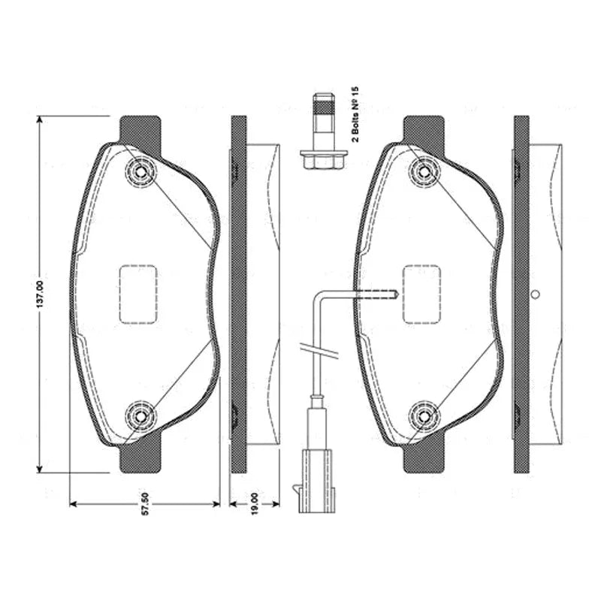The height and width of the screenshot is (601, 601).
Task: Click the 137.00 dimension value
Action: [x=42, y=294]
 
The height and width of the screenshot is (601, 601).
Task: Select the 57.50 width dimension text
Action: [x=145, y=504]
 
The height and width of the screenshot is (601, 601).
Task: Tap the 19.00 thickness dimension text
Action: [x=255, y=504]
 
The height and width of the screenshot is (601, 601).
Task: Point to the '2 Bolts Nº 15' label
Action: [x=355, y=114]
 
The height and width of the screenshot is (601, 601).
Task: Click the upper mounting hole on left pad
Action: [x=140, y=171]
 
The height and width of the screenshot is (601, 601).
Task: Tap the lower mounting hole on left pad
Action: [x=140, y=416]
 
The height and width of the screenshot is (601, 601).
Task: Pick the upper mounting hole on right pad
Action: [x=424, y=171]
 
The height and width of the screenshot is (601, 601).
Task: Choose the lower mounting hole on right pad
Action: [x=424, y=416]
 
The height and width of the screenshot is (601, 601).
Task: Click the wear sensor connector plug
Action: [x=318, y=481]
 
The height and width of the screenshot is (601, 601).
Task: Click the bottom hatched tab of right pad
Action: [x=424, y=456]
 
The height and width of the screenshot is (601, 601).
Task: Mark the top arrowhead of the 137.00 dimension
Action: [x=39, y=119]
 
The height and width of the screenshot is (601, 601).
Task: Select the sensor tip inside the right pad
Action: [x=396, y=294]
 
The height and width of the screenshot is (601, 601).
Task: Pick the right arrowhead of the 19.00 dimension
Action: [x=276, y=503]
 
